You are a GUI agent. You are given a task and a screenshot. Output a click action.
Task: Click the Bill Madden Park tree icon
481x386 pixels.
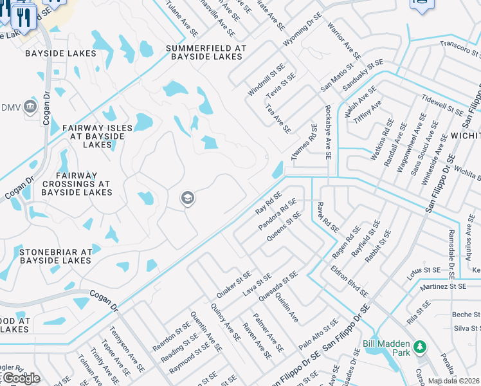(x=420, y=347)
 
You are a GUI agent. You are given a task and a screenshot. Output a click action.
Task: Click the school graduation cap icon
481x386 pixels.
(x=188, y=199)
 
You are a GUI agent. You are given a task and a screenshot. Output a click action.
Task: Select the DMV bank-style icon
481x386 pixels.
(x=30, y=107)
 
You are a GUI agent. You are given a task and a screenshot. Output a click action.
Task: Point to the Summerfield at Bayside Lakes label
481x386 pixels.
(x=206, y=52)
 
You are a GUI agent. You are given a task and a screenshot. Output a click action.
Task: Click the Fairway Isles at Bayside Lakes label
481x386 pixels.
(x=97, y=136)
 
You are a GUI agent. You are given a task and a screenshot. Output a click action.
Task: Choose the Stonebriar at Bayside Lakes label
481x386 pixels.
(x=56, y=256)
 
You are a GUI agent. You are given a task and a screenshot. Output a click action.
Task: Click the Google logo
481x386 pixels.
(x=21, y=378)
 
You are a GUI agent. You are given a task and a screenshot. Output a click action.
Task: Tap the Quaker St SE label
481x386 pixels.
(x=233, y=284)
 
